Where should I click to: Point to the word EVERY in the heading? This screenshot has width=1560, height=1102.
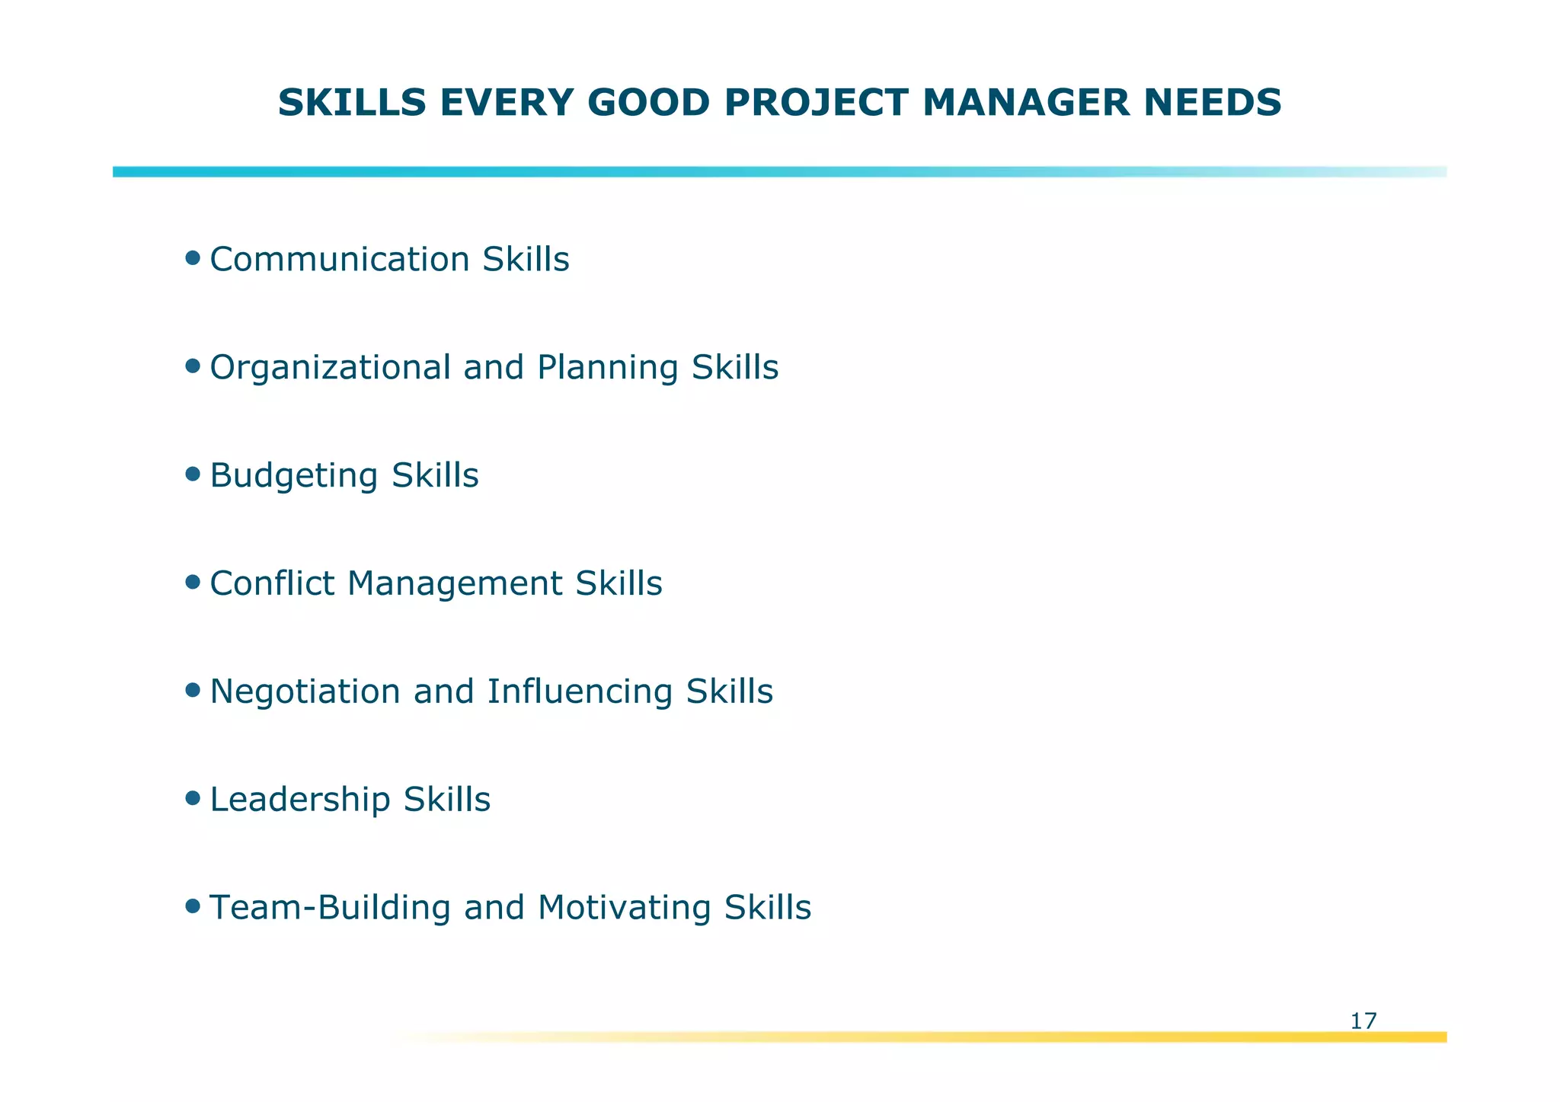(x=504, y=103)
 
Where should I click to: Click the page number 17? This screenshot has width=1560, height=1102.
(x=1363, y=1021)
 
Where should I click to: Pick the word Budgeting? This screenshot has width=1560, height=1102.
(x=293, y=477)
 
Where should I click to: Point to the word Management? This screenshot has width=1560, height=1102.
(x=455, y=585)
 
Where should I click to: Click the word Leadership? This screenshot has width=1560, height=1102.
(x=299, y=800)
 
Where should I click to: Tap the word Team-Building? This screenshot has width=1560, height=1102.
(x=329, y=908)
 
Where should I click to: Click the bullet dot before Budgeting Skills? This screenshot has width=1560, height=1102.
(x=193, y=474)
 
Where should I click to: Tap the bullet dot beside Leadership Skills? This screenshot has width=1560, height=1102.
(x=193, y=798)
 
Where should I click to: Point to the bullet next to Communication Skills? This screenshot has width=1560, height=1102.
(x=193, y=258)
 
